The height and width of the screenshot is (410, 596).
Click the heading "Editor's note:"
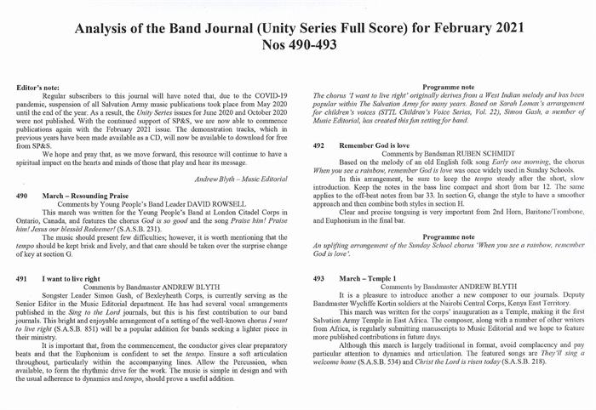pos(41,88)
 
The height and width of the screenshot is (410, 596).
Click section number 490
pos(24,195)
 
